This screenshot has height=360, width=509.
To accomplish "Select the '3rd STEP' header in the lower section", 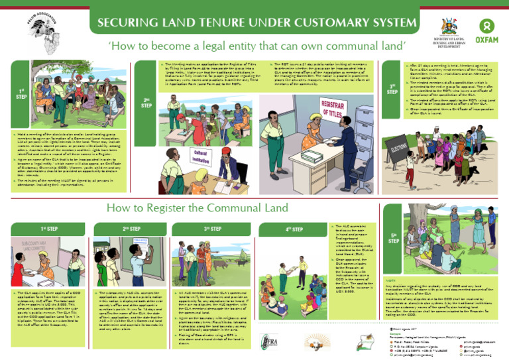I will click(x=212, y=229).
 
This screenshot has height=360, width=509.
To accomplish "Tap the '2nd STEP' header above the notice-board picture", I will click(x=131, y=229).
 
